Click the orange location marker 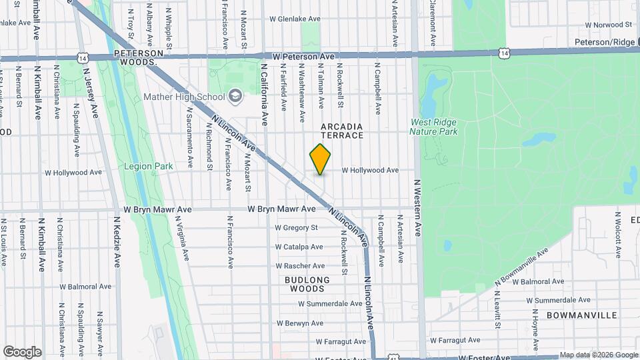[320, 159]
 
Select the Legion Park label [147, 166]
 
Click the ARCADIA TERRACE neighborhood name [342, 131]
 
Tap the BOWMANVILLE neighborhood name [581, 315]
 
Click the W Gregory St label [296, 227]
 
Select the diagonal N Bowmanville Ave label [521, 270]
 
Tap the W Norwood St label [608, 25]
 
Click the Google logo [22, 352]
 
